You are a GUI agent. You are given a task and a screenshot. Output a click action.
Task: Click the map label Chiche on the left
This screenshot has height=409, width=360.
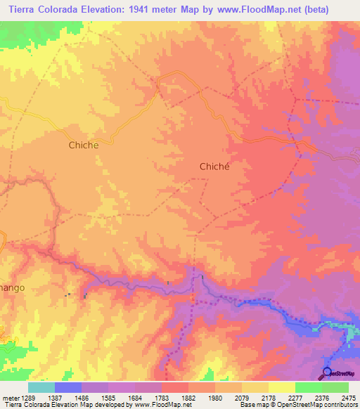(x=84, y=145)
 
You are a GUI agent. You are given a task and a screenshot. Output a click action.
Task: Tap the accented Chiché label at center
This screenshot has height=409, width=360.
(x=215, y=167)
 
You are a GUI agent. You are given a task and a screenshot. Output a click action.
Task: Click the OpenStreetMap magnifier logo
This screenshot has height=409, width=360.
(x=326, y=372)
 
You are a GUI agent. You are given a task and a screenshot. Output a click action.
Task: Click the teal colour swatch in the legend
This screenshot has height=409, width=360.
(x=41, y=387)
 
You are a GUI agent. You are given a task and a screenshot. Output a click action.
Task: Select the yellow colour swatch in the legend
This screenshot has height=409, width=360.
(x=282, y=387)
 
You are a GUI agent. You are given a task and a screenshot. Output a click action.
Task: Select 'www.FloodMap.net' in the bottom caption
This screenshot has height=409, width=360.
(x=162, y=405)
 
